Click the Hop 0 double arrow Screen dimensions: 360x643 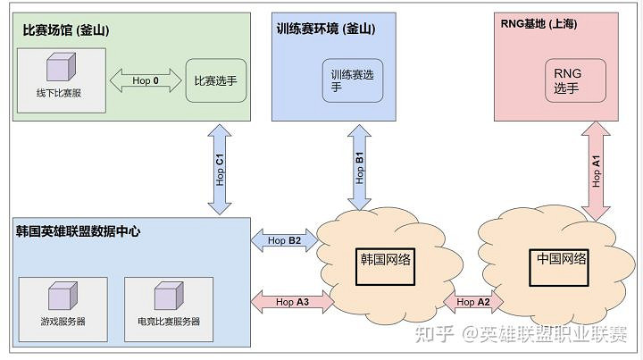(145, 80)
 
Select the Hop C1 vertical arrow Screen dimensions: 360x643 (220, 168)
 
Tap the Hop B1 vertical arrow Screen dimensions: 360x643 (359, 167)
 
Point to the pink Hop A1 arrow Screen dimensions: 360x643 (597, 170)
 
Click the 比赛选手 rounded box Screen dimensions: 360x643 (216, 81)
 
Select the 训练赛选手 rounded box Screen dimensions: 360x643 (354, 81)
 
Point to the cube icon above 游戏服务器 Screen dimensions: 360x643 (62, 296)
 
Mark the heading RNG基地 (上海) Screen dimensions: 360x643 (539, 24)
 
